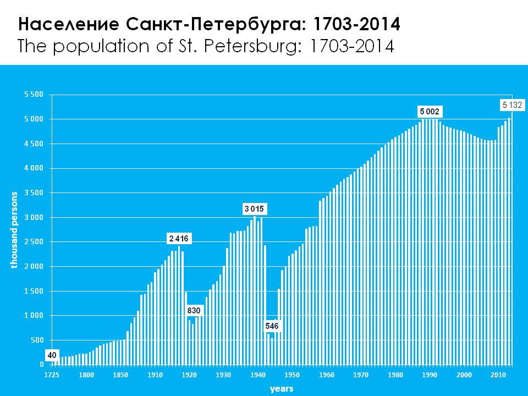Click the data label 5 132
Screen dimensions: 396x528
click(x=513, y=104)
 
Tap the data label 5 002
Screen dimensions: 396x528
click(x=430, y=112)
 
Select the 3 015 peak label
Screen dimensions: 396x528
click(x=255, y=209)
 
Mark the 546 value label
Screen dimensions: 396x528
click(x=272, y=326)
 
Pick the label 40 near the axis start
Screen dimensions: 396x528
click(x=52, y=355)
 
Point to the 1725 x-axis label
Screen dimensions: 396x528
click(x=52, y=375)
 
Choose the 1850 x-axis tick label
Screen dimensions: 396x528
click(x=120, y=375)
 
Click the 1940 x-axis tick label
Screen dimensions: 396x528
click(x=257, y=375)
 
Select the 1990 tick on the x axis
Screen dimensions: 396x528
click(x=430, y=375)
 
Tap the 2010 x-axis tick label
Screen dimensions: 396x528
click(x=498, y=375)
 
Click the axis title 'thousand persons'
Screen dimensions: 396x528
click(x=15, y=230)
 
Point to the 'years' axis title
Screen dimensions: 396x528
click(x=282, y=389)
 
